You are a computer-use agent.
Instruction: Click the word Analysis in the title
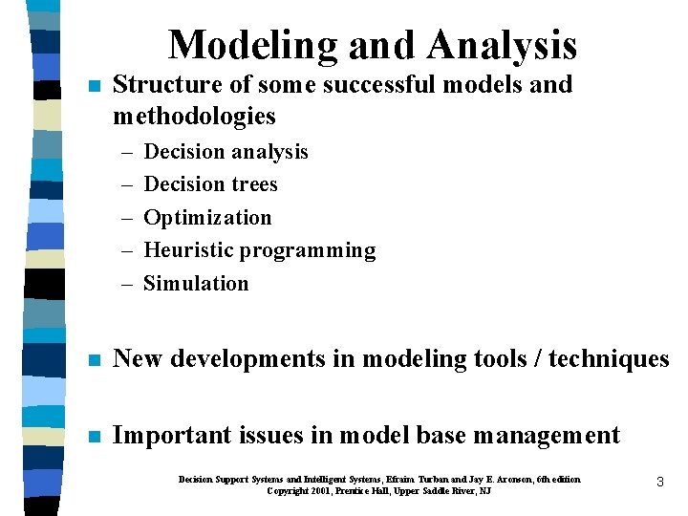[504, 46]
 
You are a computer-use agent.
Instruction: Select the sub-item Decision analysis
[226, 152]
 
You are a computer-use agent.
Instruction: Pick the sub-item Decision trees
[210, 184]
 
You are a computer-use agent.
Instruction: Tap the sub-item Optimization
[207, 218]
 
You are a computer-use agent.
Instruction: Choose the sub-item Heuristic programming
[259, 250]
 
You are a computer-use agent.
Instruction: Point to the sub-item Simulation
[196, 284]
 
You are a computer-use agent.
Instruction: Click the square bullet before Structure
[93, 85]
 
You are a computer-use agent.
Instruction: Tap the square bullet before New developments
[93, 360]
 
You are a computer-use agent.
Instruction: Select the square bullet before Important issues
[93, 437]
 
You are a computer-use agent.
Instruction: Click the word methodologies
[194, 117]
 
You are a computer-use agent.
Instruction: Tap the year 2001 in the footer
[325, 490]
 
